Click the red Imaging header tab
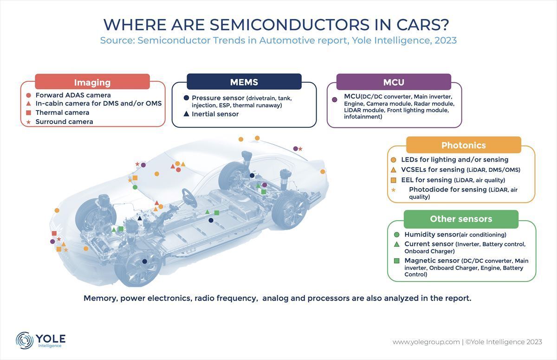(92, 82)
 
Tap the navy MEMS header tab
(244, 82)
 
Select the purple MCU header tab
(394, 82)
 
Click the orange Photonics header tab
(464, 145)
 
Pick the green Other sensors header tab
(461, 219)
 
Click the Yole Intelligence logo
(41, 340)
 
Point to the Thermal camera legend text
(62, 112)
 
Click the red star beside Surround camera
(29, 122)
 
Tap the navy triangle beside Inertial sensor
(186, 114)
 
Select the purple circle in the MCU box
(335, 99)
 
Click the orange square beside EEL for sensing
(394, 180)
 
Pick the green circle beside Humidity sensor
(396, 235)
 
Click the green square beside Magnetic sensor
(396, 261)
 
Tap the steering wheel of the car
(189, 198)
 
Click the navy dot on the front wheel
(144, 261)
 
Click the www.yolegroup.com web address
(426, 342)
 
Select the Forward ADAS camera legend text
(73, 95)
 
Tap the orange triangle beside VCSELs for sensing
(394, 170)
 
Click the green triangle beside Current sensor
(396, 244)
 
